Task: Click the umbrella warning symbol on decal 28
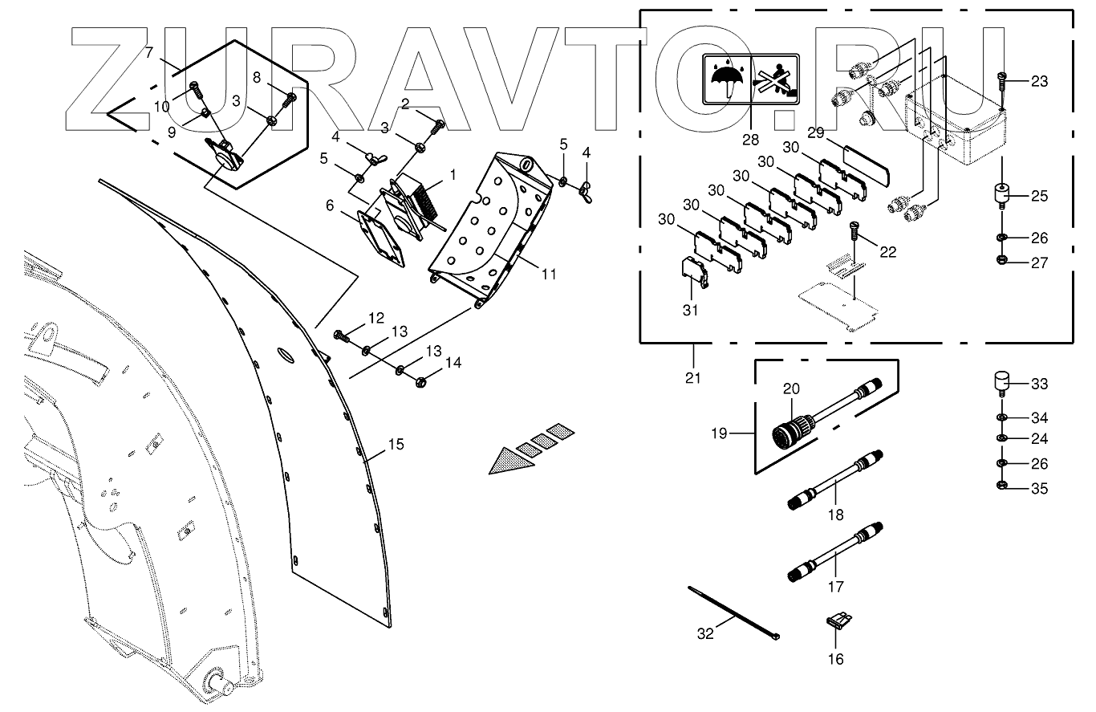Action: tap(727, 79)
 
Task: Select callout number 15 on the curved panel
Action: tap(396, 445)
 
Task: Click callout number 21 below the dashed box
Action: tap(693, 377)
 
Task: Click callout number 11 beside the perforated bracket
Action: tap(549, 275)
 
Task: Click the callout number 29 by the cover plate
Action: tap(817, 131)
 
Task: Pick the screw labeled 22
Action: tap(854, 232)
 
